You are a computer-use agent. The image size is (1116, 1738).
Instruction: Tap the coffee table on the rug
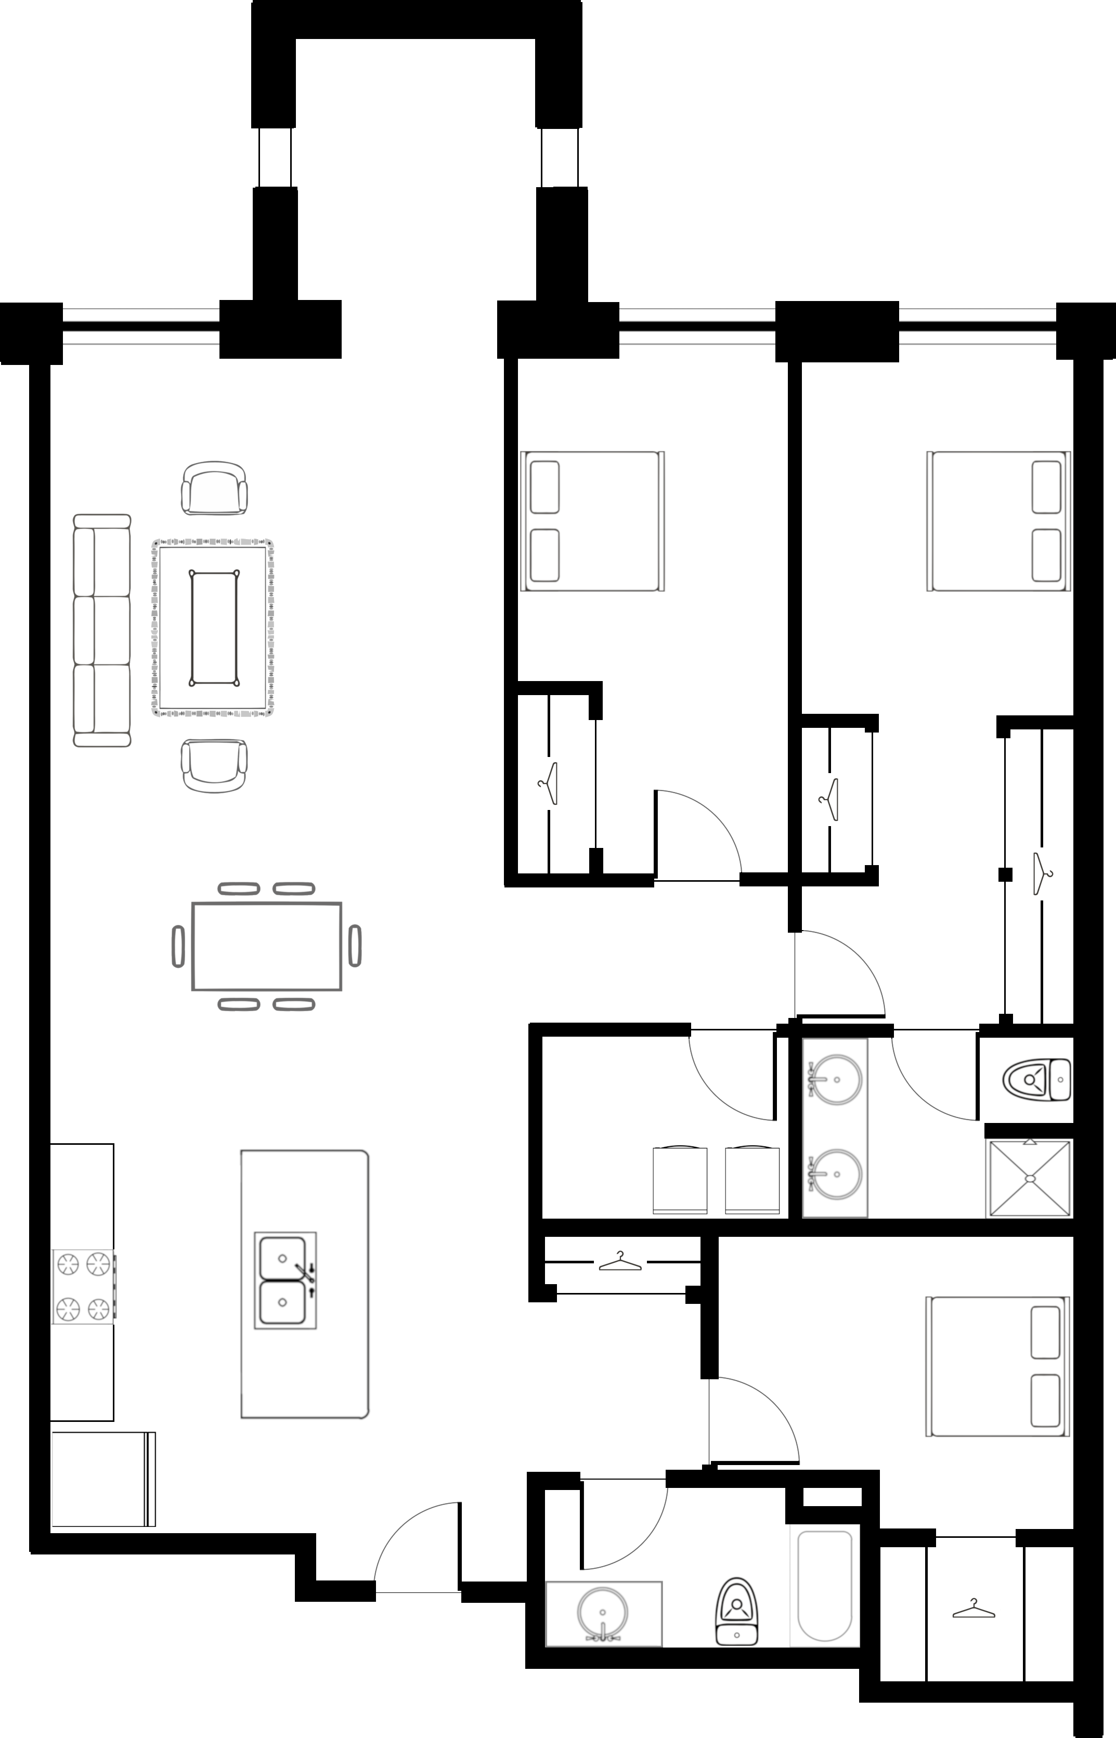214,628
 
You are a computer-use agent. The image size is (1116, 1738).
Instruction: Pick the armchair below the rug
214,766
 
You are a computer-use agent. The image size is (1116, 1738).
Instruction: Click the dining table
267,946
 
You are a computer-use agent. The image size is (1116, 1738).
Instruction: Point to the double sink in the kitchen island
285,1280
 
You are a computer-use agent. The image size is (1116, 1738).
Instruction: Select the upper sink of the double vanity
836,1079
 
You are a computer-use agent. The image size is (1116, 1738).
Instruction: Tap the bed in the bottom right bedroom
998,1366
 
